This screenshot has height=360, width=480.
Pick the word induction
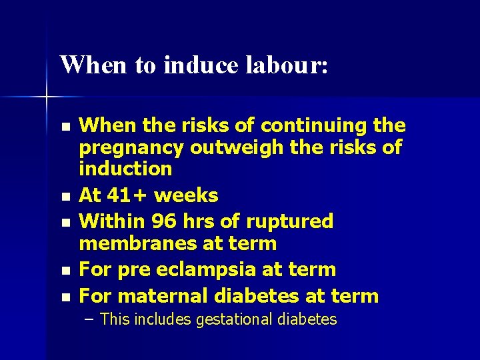(x=125, y=168)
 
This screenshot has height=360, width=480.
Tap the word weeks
(x=187, y=195)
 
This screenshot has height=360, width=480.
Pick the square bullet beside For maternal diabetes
(x=64, y=297)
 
